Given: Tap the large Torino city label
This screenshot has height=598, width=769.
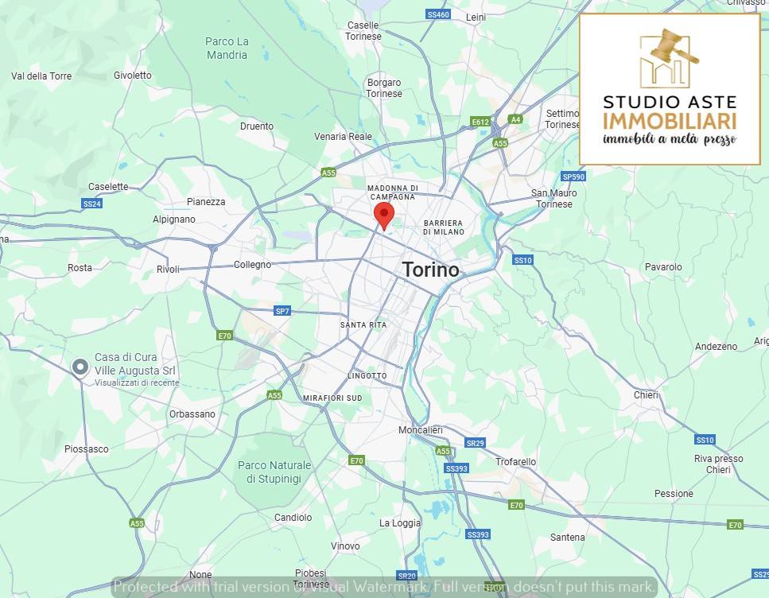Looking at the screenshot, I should point(430,270).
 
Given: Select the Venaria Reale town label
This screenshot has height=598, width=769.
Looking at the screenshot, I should point(343,137).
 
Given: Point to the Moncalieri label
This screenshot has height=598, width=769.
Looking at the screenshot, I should point(420,430).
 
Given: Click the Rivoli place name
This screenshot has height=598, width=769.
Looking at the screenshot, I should point(168,269).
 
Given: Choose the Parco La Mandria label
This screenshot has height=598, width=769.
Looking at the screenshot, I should point(227,49).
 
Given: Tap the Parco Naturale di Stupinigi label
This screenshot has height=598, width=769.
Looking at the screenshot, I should point(274,472).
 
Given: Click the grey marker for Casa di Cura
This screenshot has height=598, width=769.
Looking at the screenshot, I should point(80,367).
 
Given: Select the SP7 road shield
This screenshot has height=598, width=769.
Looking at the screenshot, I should point(282,311).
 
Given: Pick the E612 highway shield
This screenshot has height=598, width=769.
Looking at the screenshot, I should point(480,122).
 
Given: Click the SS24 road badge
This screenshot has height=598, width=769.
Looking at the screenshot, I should point(92,204).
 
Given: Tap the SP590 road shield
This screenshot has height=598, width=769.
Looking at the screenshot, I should point(573,177).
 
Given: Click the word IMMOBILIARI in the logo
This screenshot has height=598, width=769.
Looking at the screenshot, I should point(669,121).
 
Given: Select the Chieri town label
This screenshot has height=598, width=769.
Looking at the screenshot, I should point(646,395).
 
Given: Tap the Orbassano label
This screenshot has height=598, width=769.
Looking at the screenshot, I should point(192,414).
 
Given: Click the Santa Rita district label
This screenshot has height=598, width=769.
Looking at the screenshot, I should point(363,325).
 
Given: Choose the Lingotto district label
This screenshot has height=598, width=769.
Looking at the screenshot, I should point(367,375).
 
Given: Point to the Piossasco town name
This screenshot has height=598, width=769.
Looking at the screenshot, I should point(87,449).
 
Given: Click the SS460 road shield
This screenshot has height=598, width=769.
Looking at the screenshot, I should point(437,14).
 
